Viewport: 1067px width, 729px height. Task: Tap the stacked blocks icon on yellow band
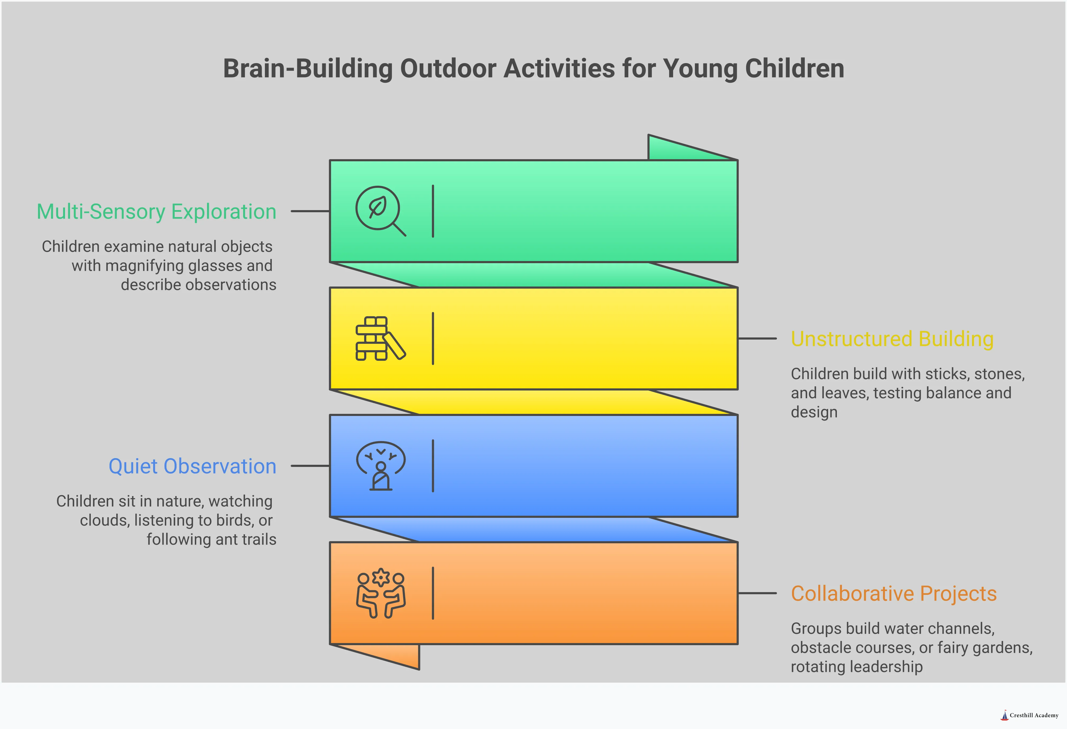pyautogui.click(x=380, y=338)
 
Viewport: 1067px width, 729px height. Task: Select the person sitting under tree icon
pyautogui.click(x=381, y=466)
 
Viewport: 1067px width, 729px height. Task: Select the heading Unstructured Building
pyautogui.click(x=892, y=339)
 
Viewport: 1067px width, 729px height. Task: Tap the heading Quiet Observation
pyautogui.click(x=192, y=466)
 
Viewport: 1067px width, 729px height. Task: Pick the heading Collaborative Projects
pyautogui.click(x=893, y=594)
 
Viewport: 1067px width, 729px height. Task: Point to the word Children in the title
pyautogui.click(x=794, y=69)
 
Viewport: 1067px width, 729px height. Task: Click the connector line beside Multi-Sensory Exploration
pyautogui.click(x=310, y=211)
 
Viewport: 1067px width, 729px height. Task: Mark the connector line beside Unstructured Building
pyautogui.click(x=757, y=339)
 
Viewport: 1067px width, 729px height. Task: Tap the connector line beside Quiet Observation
pyautogui.click(x=310, y=466)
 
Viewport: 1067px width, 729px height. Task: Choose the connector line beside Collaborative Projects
pyautogui.click(x=757, y=593)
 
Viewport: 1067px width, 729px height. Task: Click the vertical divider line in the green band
pyautogui.click(x=433, y=211)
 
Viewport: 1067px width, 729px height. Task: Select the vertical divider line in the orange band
pyautogui.click(x=433, y=593)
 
